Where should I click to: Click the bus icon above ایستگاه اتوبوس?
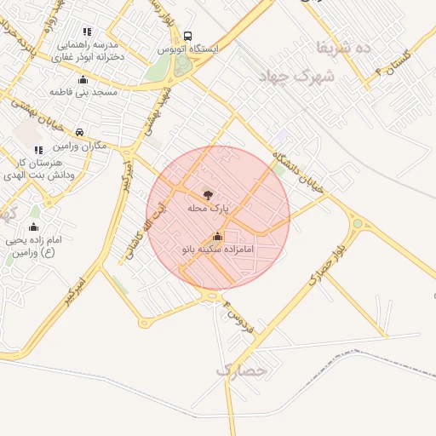[x=187, y=37]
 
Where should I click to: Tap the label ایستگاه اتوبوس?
[x=187, y=49]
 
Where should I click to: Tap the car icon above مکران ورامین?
[x=78, y=133]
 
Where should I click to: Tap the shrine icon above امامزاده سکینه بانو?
[x=216, y=237]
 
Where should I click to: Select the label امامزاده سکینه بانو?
[x=218, y=250]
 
